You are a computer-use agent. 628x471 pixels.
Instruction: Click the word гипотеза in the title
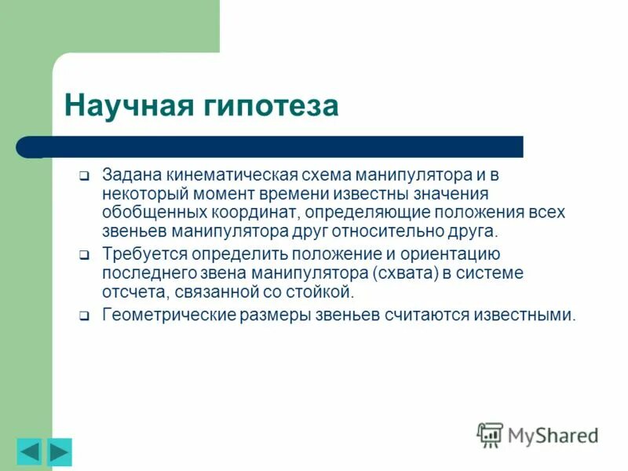click(272, 106)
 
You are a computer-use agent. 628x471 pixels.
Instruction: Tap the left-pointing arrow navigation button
click(29, 452)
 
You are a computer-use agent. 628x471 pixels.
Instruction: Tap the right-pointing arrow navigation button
click(60, 452)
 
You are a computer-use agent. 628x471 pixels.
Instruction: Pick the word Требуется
click(138, 254)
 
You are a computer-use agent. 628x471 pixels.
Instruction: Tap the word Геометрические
click(162, 315)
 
